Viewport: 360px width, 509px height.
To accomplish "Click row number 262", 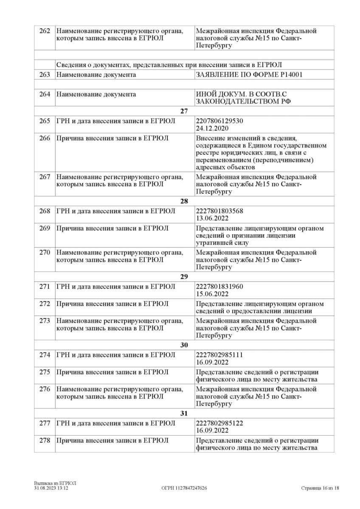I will point(45,31).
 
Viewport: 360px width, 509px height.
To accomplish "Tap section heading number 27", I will point(184,111).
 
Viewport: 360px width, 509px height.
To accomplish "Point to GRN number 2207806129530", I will point(219,121).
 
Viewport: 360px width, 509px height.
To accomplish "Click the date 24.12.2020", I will point(212,128).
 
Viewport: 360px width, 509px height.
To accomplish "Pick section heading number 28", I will point(184,201).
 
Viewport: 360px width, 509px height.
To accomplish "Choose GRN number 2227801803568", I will point(219,211).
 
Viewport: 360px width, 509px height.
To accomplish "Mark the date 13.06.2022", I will point(212,218).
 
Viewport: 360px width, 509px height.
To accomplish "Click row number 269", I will point(45,229).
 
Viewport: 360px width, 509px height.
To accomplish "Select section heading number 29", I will point(184,277).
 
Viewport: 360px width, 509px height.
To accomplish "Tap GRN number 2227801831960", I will point(219,287).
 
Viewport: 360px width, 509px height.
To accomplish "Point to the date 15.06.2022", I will point(212,294).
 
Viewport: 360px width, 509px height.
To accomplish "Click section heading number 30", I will point(184,345).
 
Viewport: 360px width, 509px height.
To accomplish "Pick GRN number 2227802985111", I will point(219,355).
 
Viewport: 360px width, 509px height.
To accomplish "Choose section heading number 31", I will point(184,414).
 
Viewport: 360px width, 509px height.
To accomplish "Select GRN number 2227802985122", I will point(219,423).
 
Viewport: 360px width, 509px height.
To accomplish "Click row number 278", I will point(45,441).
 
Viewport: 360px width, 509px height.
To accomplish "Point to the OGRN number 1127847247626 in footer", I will point(184,488).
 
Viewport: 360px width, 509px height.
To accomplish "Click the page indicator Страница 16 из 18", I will point(320,488).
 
